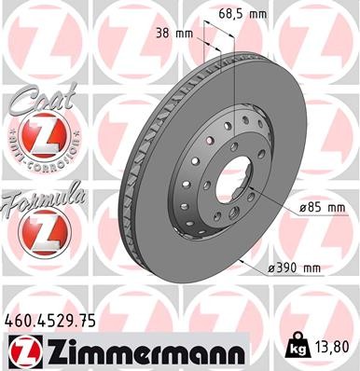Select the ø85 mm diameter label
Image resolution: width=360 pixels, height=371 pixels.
pyautogui.click(x=298, y=207)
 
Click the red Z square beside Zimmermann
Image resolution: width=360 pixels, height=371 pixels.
pyautogui.click(x=23, y=352)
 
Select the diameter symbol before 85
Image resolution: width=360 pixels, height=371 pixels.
pyautogui.click(x=280, y=207)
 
